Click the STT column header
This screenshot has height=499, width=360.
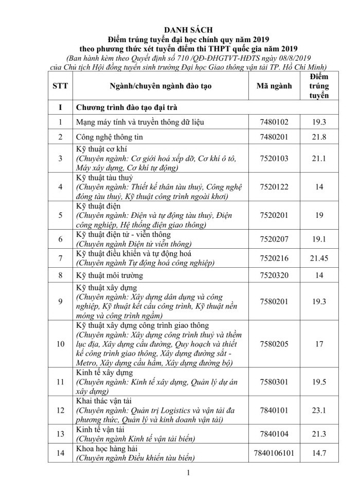coord(60,86)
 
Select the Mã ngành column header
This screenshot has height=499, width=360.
coord(274,86)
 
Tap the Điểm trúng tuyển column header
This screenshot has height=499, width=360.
coord(319,86)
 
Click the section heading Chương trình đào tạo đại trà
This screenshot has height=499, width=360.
coord(128,107)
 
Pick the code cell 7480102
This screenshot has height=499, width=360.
coord(274,122)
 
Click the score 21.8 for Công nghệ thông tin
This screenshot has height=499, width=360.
coord(319,138)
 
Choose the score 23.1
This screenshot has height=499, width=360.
coord(319,410)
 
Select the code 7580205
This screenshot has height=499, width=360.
coord(274,344)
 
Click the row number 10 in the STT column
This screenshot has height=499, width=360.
coord(60,344)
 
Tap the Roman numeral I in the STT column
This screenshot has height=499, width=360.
coord(60,107)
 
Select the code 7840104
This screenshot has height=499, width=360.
coord(274,434)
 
